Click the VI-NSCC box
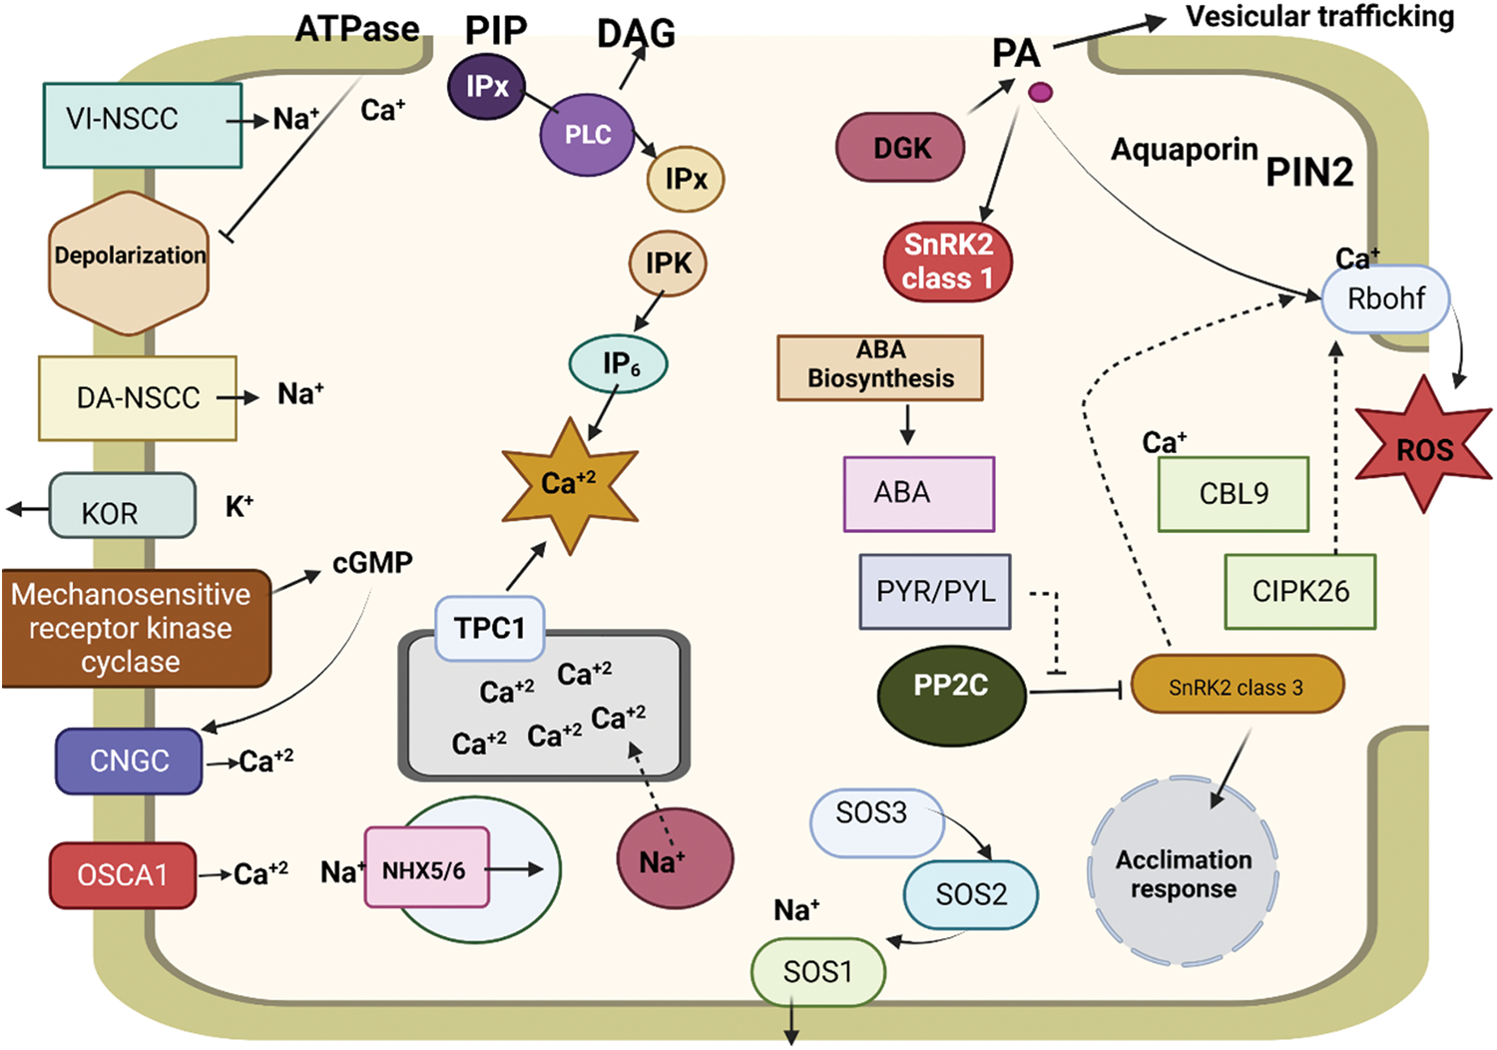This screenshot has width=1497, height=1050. [x=143, y=125]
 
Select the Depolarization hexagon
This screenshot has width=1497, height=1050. [x=129, y=262]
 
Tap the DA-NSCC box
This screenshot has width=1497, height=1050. [x=138, y=397]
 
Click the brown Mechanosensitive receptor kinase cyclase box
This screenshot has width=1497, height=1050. [x=135, y=628]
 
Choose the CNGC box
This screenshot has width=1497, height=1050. [x=129, y=761]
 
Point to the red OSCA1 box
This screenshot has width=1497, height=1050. [x=123, y=874]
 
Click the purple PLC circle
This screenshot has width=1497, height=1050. [x=588, y=136]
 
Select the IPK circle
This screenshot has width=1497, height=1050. [x=668, y=263]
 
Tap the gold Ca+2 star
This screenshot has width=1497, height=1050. [x=569, y=484]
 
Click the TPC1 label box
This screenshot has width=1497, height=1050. [x=489, y=628]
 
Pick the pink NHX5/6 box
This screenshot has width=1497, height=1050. [x=426, y=867]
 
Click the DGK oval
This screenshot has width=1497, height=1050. [x=900, y=148]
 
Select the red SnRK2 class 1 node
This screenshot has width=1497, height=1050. [x=947, y=262]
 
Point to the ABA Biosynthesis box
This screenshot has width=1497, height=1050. [x=880, y=367]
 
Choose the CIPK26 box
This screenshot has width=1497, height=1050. [x=1299, y=591]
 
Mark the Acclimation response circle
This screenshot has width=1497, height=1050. [x=1184, y=873]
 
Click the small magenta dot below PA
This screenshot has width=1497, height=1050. [x=1040, y=93]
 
